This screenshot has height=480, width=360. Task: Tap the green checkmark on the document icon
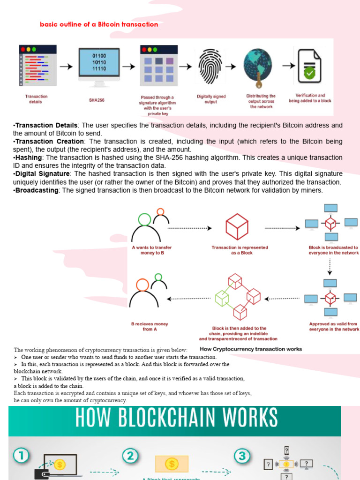coord(309,73)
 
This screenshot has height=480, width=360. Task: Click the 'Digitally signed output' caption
coord(211,99)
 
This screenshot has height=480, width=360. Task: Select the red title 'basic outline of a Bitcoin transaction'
coord(99,24)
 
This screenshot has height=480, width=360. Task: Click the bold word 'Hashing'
coord(28,157)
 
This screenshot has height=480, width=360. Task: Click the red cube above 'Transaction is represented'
coord(237,227)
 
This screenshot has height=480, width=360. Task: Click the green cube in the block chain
coord(221,298)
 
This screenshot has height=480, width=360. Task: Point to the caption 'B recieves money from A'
coord(149,326)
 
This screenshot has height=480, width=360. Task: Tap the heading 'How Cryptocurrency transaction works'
coord(251,349)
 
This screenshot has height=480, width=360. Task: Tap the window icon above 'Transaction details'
coord(37,65)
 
